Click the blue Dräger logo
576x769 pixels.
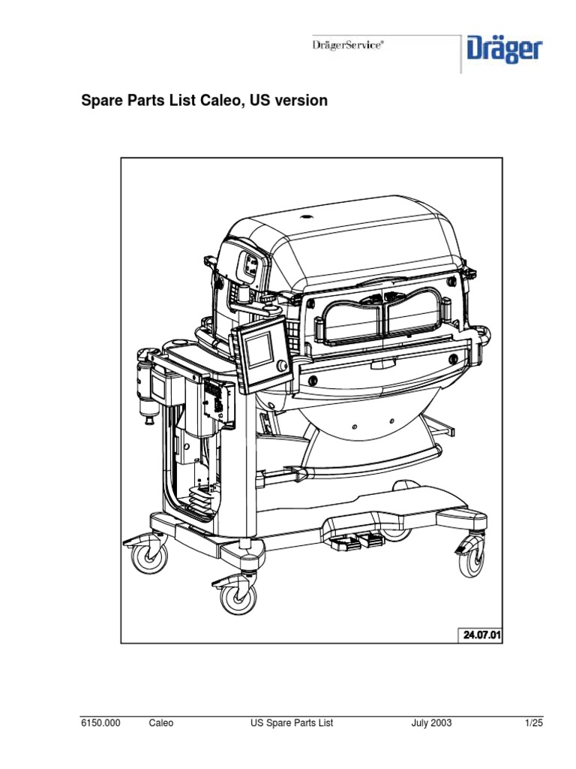pos(505,50)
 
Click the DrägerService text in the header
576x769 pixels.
pos(348,45)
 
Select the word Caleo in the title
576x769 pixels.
pos(222,101)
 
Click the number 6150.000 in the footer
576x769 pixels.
pos(100,723)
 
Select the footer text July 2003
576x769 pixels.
pos(431,723)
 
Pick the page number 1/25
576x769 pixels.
pos(534,723)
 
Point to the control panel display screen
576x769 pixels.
pos(258,350)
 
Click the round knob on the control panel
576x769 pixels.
pos(282,366)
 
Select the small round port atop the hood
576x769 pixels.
pos(306,216)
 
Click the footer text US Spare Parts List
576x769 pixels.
pos(292,723)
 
